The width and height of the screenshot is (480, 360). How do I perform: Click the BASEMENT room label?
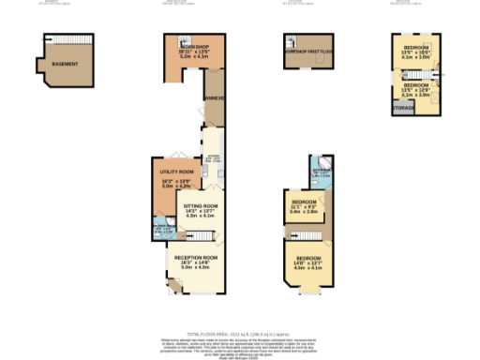click(x=65, y=65)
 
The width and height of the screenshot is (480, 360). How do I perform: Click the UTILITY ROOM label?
click(x=176, y=172)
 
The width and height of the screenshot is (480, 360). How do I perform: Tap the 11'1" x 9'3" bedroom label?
click(x=303, y=202)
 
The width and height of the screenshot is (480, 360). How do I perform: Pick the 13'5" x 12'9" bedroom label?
click(x=415, y=90)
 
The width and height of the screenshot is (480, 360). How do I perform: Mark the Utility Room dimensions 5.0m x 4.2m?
click(x=176, y=186)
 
